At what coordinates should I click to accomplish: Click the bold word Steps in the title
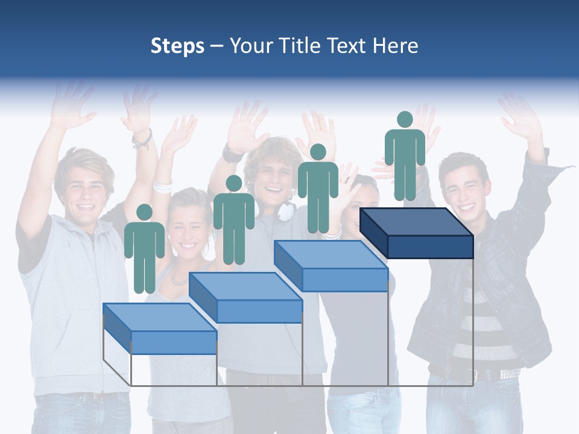(x=177, y=46)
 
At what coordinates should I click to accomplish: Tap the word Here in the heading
(x=396, y=46)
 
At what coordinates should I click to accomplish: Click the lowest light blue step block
(x=160, y=329)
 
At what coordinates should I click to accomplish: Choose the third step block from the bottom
(x=331, y=265)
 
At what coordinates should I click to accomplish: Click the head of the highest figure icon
(x=405, y=119)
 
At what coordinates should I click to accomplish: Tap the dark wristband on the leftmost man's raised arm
(x=142, y=139)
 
